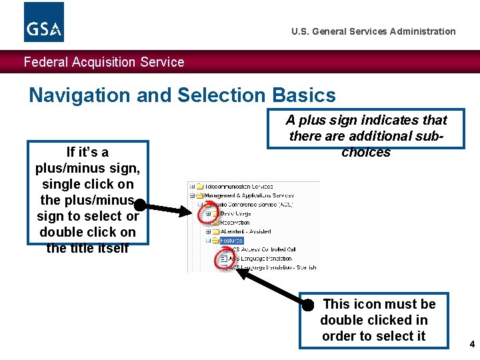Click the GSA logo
click(44, 22)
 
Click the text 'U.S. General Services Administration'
click(373, 31)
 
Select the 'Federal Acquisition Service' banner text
click(104, 62)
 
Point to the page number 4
click(472, 345)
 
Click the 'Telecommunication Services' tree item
click(239, 187)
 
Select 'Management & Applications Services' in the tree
click(249, 195)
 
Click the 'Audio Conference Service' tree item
click(253, 204)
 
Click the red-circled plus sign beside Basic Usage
click(208, 213)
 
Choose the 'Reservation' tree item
click(235, 222)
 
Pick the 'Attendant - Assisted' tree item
click(245, 231)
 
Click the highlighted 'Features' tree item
click(232, 240)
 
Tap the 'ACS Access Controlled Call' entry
click(263, 249)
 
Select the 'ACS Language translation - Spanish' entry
click(273, 267)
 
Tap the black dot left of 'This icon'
click(307, 305)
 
